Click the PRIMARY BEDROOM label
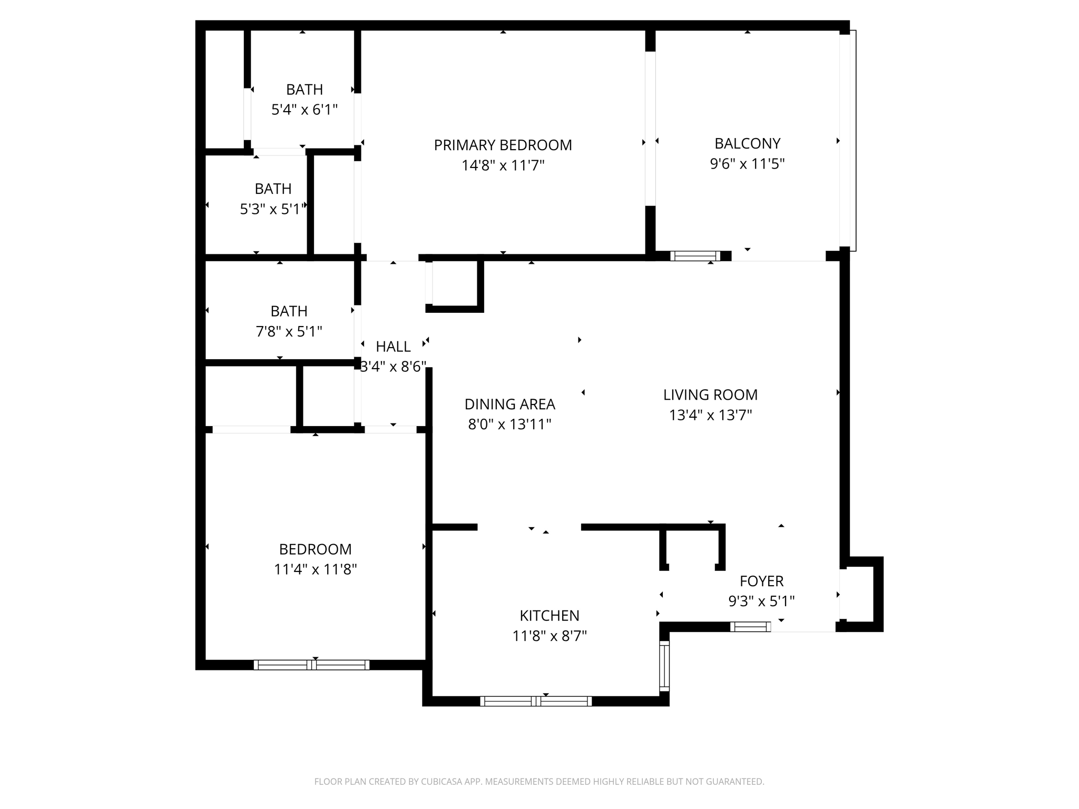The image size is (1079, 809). point(503,145)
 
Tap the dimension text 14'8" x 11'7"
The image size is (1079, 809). point(503,165)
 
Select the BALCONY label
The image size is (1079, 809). point(747,143)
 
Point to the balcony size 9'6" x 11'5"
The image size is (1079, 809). point(747,164)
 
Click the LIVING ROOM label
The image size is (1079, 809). point(710,394)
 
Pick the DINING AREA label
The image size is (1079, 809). point(509,404)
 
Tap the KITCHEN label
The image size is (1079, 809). point(550,615)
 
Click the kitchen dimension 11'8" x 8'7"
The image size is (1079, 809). point(550,636)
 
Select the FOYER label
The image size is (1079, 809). point(761,581)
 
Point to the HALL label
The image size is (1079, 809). point(393,347)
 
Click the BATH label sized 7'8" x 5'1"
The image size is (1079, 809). point(289,311)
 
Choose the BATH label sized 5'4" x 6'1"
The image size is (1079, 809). point(305,90)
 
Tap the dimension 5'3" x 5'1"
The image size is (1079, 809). point(272,209)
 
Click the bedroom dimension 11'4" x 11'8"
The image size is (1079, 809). point(315,569)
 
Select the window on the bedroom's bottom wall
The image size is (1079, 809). point(311,665)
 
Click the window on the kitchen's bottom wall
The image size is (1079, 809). point(536,701)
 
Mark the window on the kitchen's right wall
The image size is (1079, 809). point(664,666)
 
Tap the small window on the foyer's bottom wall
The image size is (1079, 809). point(750,627)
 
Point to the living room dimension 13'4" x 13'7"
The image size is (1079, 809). point(710,415)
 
